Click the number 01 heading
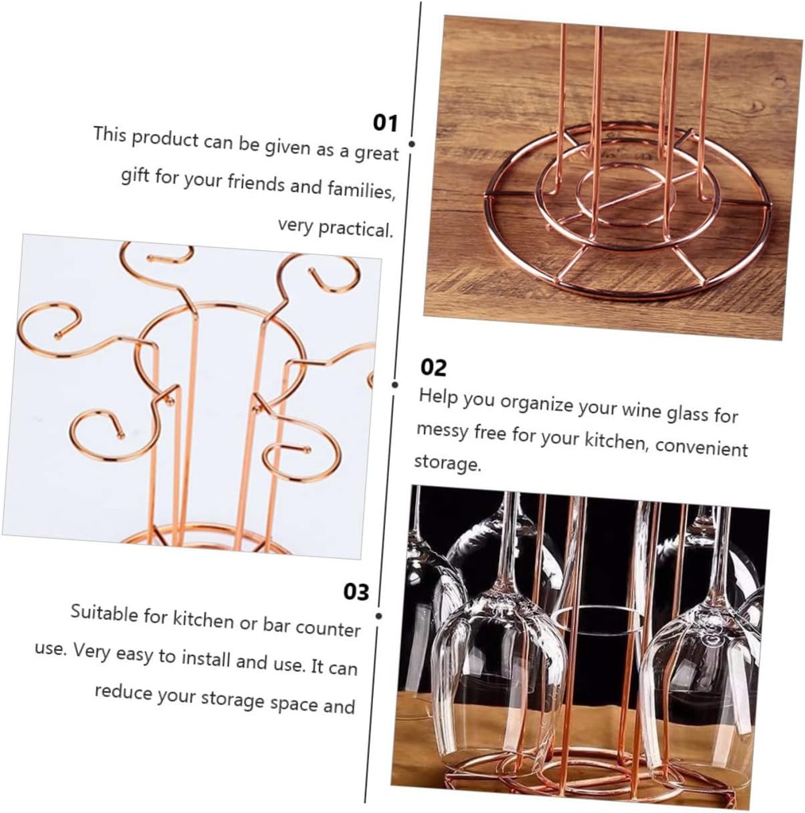pyautogui.click(x=385, y=122)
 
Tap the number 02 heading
pyautogui.click(x=433, y=368)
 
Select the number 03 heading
pyautogui.click(x=356, y=592)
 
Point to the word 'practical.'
pyautogui.click(x=356, y=229)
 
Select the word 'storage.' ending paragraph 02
pyautogui.click(x=447, y=463)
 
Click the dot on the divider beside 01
pyautogui.click(x=411, y=144)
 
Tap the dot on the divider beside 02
pyautogui.click(x=395, y=384)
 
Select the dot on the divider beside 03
pyautogui.click(x=379, y=615)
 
